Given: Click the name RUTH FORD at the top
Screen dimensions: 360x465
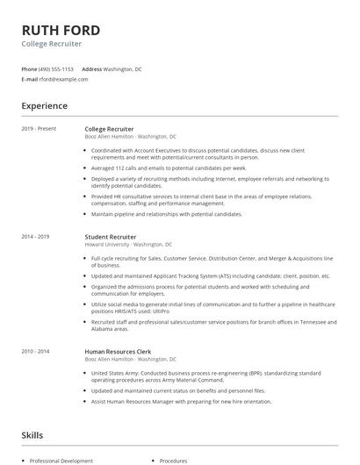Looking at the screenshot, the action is tap(61, 29).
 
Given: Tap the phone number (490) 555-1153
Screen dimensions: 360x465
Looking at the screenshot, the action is tap(56, 68).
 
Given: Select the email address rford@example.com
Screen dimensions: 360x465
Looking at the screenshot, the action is tap(64, 79).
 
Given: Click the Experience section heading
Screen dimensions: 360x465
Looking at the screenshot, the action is tap(45, 106).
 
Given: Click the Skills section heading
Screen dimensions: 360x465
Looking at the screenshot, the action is tap(32, 434).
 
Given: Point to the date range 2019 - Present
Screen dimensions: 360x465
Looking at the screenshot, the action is tap(39, 128).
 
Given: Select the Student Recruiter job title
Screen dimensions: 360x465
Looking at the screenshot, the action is tap(111, 236).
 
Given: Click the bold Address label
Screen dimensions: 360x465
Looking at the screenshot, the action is tap(91, 68).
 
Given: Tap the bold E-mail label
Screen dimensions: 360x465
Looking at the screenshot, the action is tap(29, 79).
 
